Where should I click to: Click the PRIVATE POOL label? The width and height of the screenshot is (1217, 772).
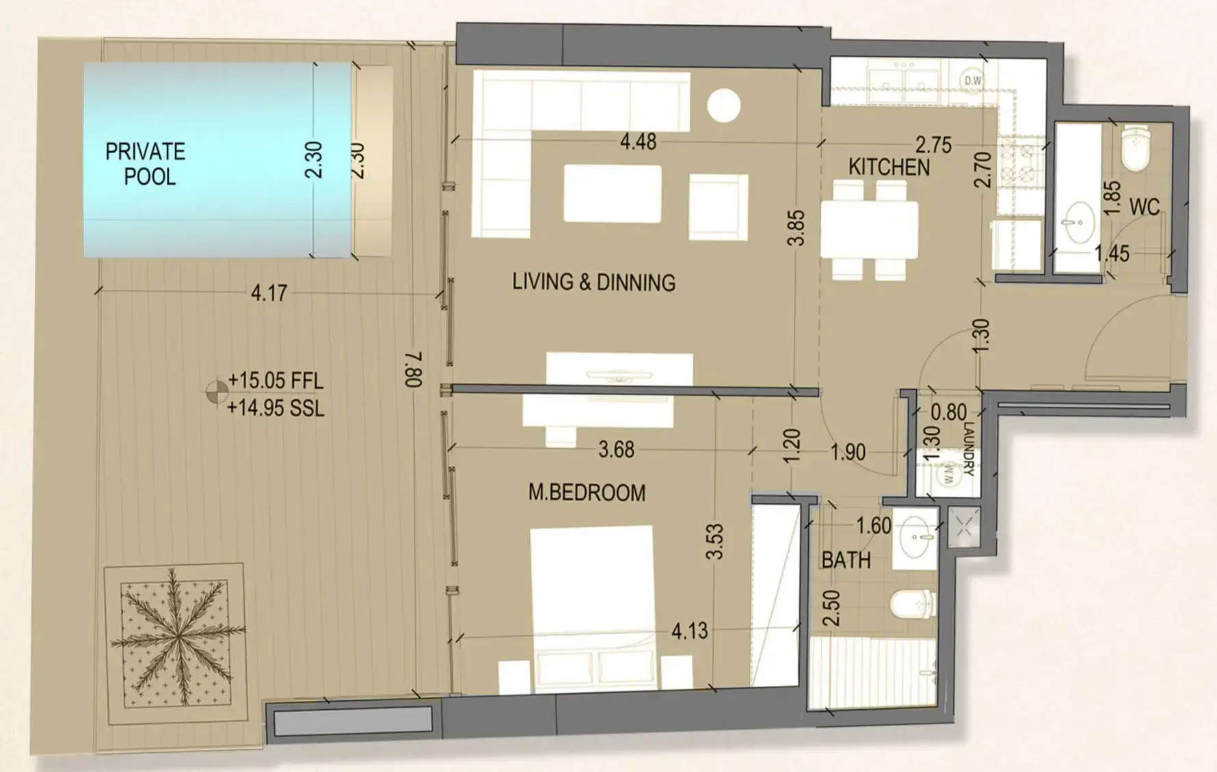(145, 164)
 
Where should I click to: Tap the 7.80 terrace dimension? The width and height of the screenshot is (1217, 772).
(413, 370)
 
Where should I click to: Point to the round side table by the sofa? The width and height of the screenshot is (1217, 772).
(723, 106)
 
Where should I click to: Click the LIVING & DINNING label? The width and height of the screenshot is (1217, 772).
(593, 282)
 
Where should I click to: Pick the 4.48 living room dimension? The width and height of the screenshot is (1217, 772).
(638, 142)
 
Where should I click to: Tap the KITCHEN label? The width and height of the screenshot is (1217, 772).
(889, 167)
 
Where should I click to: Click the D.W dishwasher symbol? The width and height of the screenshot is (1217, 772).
(972, 81)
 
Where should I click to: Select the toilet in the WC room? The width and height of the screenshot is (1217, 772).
(1136, 150)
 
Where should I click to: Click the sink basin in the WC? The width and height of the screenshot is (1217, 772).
(1080, 222)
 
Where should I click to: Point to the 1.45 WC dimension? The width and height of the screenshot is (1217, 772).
(1111, 254)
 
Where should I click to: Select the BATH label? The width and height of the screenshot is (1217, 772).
(846, 561)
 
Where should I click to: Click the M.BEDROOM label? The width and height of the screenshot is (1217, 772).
(587, 493)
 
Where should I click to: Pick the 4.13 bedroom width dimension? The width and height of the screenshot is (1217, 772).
(689, 631)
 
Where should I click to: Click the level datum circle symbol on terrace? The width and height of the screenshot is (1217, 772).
(217, 392)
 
